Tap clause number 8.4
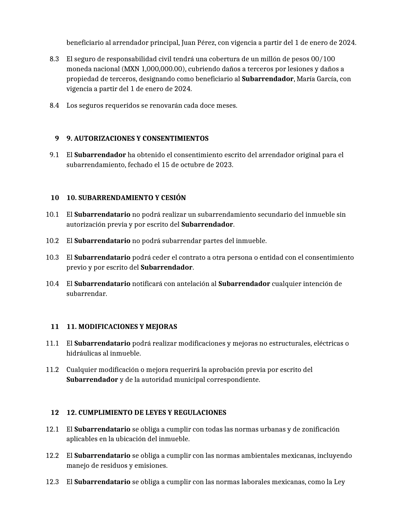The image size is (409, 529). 54,105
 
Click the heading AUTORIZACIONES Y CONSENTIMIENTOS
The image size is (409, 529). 141,139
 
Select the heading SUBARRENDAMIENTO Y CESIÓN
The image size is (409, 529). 132,198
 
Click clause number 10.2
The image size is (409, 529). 52,241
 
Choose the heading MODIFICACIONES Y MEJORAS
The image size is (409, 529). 128,327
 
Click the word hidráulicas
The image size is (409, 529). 84,353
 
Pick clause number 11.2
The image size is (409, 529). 52,370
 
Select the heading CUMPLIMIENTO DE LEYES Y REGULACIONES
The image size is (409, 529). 152,413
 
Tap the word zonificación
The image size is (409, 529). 320,429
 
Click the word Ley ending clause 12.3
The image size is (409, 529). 339,482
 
